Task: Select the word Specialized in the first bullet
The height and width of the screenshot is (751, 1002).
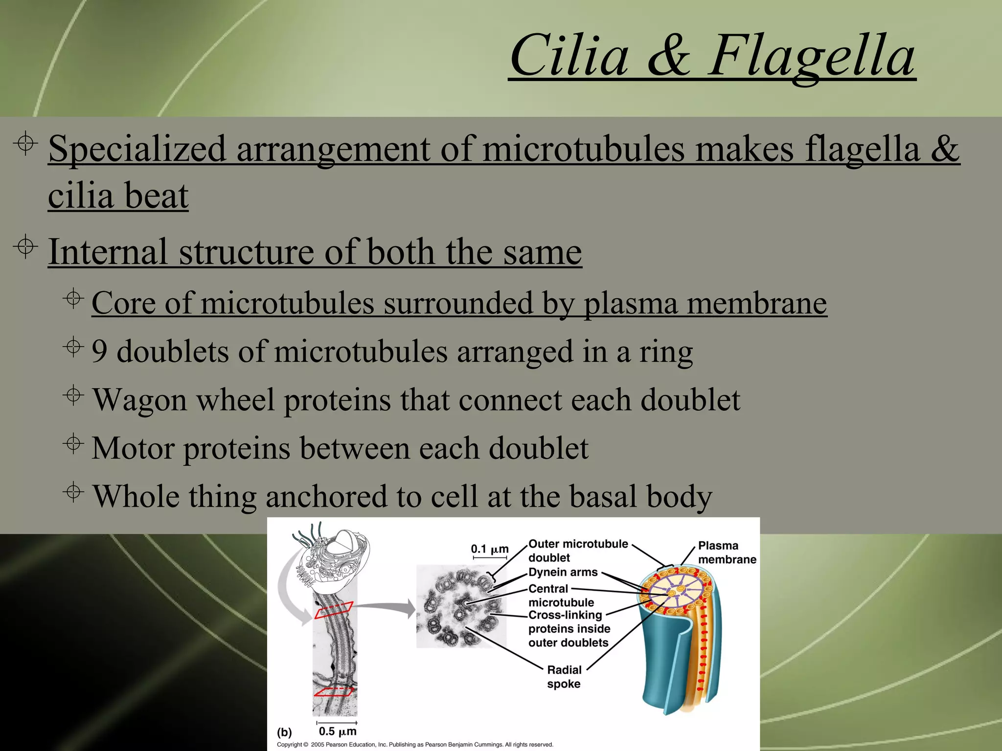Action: (x=137, y=149)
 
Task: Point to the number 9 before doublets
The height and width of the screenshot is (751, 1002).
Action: (x=99, y=352)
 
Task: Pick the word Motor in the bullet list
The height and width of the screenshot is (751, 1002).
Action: (x=133, y=448)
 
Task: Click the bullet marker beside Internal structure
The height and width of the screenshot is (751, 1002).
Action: (x=25, y=247)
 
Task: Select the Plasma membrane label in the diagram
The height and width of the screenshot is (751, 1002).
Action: (x=727, y=552)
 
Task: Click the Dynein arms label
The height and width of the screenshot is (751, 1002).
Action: (x=563, y=572)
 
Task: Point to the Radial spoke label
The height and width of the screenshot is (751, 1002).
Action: (x=564, y=677)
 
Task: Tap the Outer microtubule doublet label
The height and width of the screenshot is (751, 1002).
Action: (x=577, y=551)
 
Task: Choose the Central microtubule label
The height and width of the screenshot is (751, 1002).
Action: (x=561, y=596)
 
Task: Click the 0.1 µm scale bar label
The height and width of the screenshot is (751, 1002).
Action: (x=489, y=549)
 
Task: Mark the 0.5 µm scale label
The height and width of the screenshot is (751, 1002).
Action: (x=337, y=731)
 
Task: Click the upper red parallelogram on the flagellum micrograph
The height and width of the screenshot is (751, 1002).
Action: (x=334, y=610)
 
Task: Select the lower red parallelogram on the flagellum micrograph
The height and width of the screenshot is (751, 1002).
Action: (x=334, y=691)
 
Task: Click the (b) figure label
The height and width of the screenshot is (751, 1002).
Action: (x=284, y=732)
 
